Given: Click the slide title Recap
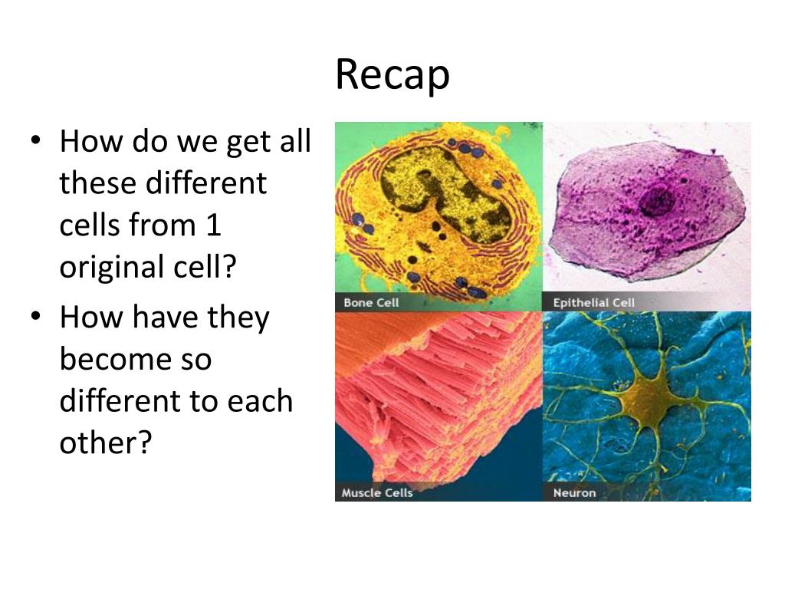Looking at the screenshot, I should (x=392, y=76).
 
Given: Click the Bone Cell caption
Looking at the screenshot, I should (x=371, y=303).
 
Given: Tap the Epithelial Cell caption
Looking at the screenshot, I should (x=594, y=303).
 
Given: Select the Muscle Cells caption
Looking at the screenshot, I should (x=377, y=492).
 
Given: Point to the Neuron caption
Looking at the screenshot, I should (x=574, y=492).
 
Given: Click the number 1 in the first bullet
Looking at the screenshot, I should (x=212, y=225).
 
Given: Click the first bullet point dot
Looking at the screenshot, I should (x=36, y=143).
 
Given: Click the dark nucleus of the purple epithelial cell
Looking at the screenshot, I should (x=657, y=201).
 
